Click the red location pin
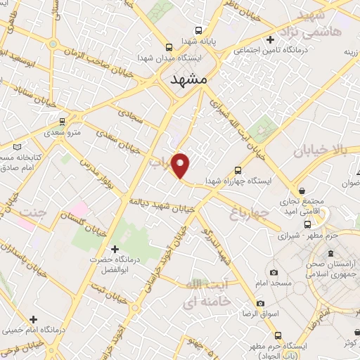(181, 166)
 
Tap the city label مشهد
(190, 81)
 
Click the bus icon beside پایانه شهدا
(199, 30)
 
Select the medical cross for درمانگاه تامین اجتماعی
(270, 39)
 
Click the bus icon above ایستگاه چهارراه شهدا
(237, 169)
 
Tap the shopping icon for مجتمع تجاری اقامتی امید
(302, 191)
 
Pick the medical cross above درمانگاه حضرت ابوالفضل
(115, 248)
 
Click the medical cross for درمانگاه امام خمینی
(33, 319)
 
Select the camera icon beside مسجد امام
(274, 272)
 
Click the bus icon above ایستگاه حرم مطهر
(278, 335)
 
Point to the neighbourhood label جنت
(33, 212)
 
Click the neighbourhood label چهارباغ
(250, 212)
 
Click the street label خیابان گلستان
(82, 227)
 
